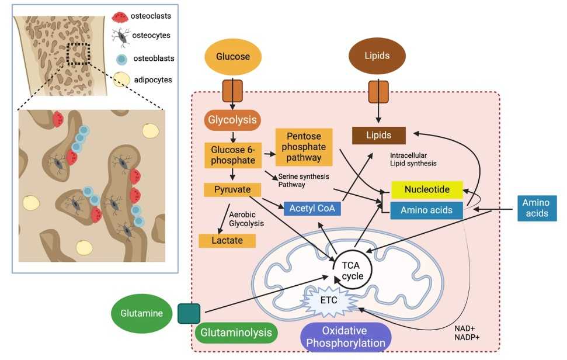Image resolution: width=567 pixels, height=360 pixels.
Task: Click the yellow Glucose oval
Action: [x=233, y=57]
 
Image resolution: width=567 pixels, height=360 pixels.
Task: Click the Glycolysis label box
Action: [x=232, y=121]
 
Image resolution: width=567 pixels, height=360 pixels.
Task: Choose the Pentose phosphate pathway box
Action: [x=304, y=147]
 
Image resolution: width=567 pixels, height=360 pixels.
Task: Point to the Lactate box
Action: [x=228, y=240]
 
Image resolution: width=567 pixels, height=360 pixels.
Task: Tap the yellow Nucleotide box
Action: [x=427, y=190]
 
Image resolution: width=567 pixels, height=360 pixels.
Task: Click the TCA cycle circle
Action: [x=352, y=269]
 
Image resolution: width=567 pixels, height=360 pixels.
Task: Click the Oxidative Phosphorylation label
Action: [x=346, y=337]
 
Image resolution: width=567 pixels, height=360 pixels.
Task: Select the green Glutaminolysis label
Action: [x=236, y=333]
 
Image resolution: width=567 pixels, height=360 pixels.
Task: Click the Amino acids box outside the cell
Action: [x=536, y=208]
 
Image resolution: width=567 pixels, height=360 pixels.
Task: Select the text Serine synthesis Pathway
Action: [x=303, y=179]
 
